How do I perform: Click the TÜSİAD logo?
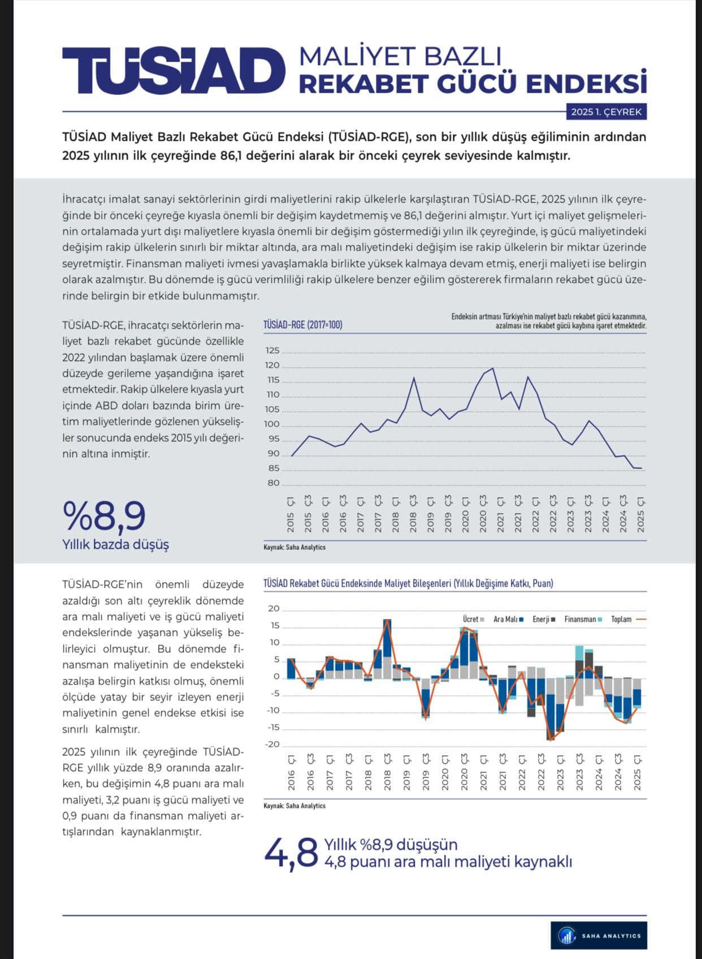point(174,70)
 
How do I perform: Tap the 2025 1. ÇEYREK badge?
point(606,112)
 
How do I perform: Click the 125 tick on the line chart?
point(272,351)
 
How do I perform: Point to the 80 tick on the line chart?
point(273,483)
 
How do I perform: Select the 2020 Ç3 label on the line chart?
point(483,513)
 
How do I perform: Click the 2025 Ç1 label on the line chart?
point(641,514)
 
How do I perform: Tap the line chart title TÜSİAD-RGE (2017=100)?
point(302,325)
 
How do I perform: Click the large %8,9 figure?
point(105,515)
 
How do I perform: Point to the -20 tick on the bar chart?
point(272,745)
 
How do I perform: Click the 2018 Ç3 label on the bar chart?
point(387,772)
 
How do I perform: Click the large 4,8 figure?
point(291,853)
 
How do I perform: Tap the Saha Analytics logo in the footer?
point(599,935)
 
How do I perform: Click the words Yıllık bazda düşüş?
point(115,544)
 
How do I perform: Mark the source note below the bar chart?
point(294,806)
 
